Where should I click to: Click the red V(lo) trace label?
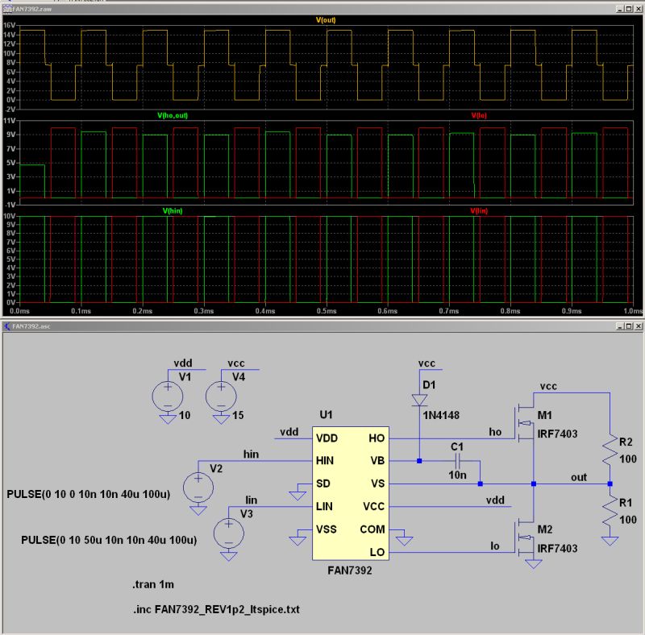(479, 115)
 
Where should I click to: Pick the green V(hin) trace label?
(173, 210)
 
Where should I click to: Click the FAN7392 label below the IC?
(351, 569)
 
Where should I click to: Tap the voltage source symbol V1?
(168, 395)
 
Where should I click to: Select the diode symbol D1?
(418, 399)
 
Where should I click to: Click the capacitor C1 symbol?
(456, 462)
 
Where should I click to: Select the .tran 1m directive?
(152, 585)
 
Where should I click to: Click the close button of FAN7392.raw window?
(635, 6)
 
